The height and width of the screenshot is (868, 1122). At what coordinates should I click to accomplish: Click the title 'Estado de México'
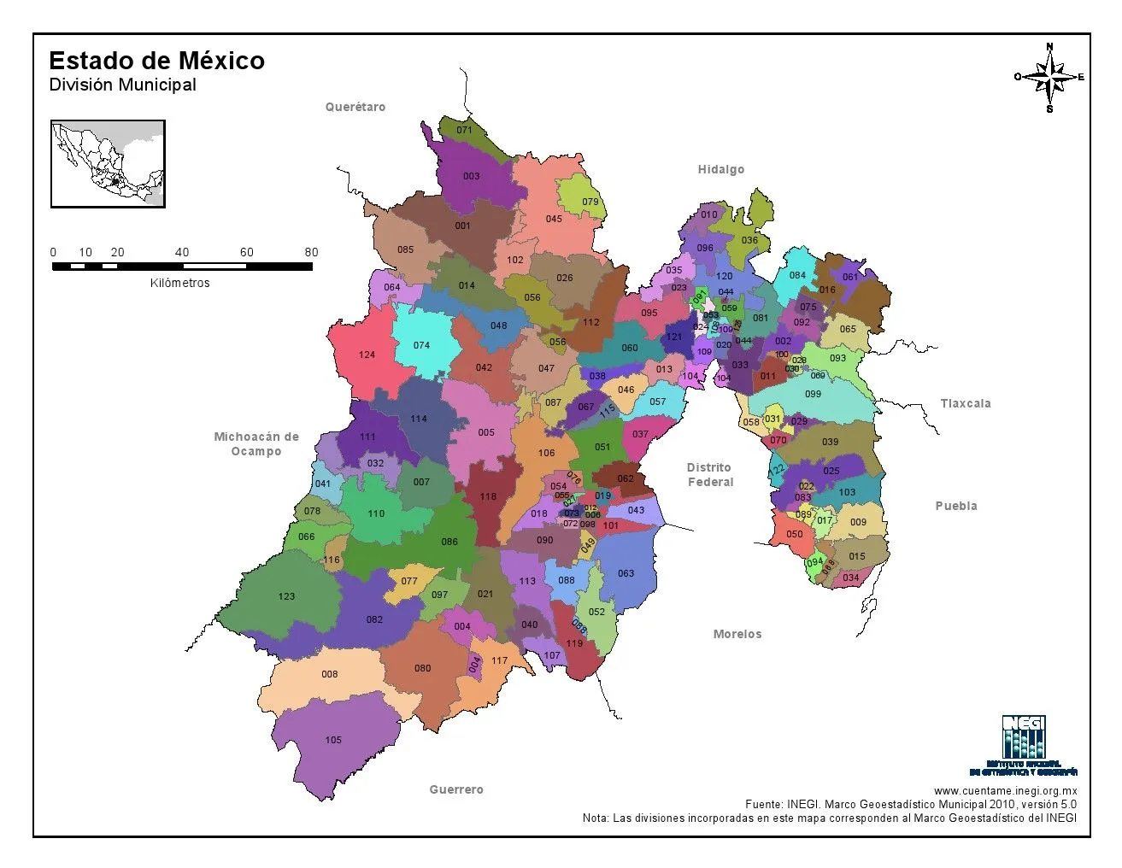(x=156, y=61)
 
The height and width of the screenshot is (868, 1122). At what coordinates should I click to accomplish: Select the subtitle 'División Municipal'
(x=122, y=85)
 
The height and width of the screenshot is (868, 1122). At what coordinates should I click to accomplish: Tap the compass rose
(x=1049, y=77)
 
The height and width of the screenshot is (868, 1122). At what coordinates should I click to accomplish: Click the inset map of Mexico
(x=108, y=164)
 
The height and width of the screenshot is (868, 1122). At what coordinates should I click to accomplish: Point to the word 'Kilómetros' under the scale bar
(x=179, y=283)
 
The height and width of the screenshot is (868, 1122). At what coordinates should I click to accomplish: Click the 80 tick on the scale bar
(x=311, y=253)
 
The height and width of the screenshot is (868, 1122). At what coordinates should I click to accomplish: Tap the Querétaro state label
(x=355, y=107)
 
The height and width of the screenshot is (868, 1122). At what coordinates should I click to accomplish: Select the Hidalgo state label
(x=720, y=169)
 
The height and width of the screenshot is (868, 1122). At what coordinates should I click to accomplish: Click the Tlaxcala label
(x=965, y=403)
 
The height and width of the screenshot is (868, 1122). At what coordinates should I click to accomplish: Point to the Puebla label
(x=955, y=506)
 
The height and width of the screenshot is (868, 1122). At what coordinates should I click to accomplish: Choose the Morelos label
(x=737, y=634)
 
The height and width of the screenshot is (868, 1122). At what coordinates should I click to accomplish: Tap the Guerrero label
(x=455, y=789)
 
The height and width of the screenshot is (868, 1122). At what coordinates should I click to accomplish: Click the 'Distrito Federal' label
(x=709, y=475)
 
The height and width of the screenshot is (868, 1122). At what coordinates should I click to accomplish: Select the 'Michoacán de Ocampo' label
(x=256, y=443)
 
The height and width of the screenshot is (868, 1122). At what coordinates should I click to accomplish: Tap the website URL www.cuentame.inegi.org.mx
(x=1004, y=791)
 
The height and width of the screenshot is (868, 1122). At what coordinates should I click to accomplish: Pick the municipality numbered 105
(x=333, y=740)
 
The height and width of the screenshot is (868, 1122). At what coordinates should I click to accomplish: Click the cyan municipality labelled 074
(x=421, y=345)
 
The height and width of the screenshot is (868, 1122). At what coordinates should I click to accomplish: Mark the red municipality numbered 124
(x=367, y=355)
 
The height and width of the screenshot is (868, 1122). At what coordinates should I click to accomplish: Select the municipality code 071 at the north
(x=464, y=131)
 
